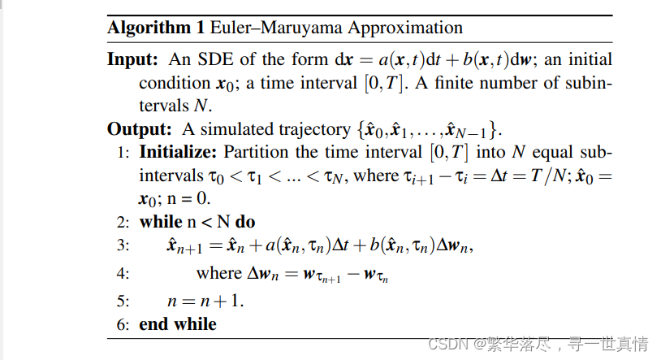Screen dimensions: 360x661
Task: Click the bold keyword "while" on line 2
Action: click(161, 222)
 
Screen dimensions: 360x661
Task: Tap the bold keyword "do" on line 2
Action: click(246, 222)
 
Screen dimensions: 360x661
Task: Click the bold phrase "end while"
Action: click(178, 324)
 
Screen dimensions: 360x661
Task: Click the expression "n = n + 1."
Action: click(205, 301)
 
